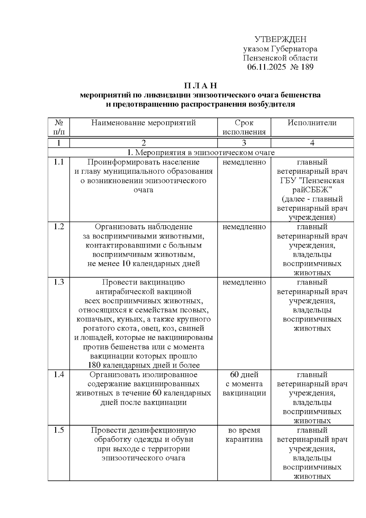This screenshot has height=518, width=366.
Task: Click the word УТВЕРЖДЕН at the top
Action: pos(280,39)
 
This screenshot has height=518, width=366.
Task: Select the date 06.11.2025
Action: pos(266,67)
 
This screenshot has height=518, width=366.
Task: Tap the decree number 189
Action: pos(307,67)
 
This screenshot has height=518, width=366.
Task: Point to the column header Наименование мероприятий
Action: pos(143,123)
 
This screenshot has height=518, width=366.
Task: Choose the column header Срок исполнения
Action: pos(244,127)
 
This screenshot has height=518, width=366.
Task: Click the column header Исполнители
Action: pos(312,123)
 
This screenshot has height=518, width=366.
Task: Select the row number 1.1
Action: pos(59,162)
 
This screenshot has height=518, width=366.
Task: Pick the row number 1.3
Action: pos(59,282)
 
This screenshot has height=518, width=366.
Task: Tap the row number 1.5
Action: pos(59,430)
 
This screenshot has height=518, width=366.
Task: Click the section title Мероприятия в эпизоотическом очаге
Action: pos(205,152)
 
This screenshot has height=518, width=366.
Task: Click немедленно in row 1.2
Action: pos(244,227)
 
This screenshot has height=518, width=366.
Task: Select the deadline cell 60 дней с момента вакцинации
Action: pos(244,384)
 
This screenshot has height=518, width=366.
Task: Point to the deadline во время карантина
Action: pos(244,435)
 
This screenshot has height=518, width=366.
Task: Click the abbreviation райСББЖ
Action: pos(312,190)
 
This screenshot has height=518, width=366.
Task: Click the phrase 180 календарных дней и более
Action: pos(144,365)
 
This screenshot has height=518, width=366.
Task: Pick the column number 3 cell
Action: pos(244,143)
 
